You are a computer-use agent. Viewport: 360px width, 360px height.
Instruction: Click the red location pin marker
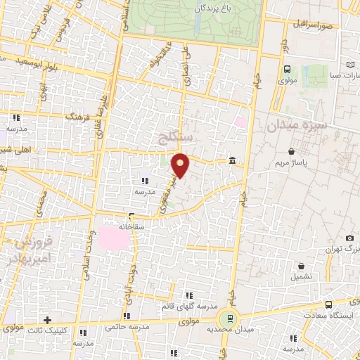pos(181,164)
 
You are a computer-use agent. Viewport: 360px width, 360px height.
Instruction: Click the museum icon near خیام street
pos(232,162)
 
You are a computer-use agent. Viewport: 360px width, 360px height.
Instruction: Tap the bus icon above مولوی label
pos(287,69)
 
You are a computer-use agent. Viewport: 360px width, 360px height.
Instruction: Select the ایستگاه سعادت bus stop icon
pos(329,304)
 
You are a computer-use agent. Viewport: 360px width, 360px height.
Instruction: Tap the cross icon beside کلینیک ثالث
pos(47,321)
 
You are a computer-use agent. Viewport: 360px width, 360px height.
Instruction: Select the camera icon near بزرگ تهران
pos(350,238)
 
